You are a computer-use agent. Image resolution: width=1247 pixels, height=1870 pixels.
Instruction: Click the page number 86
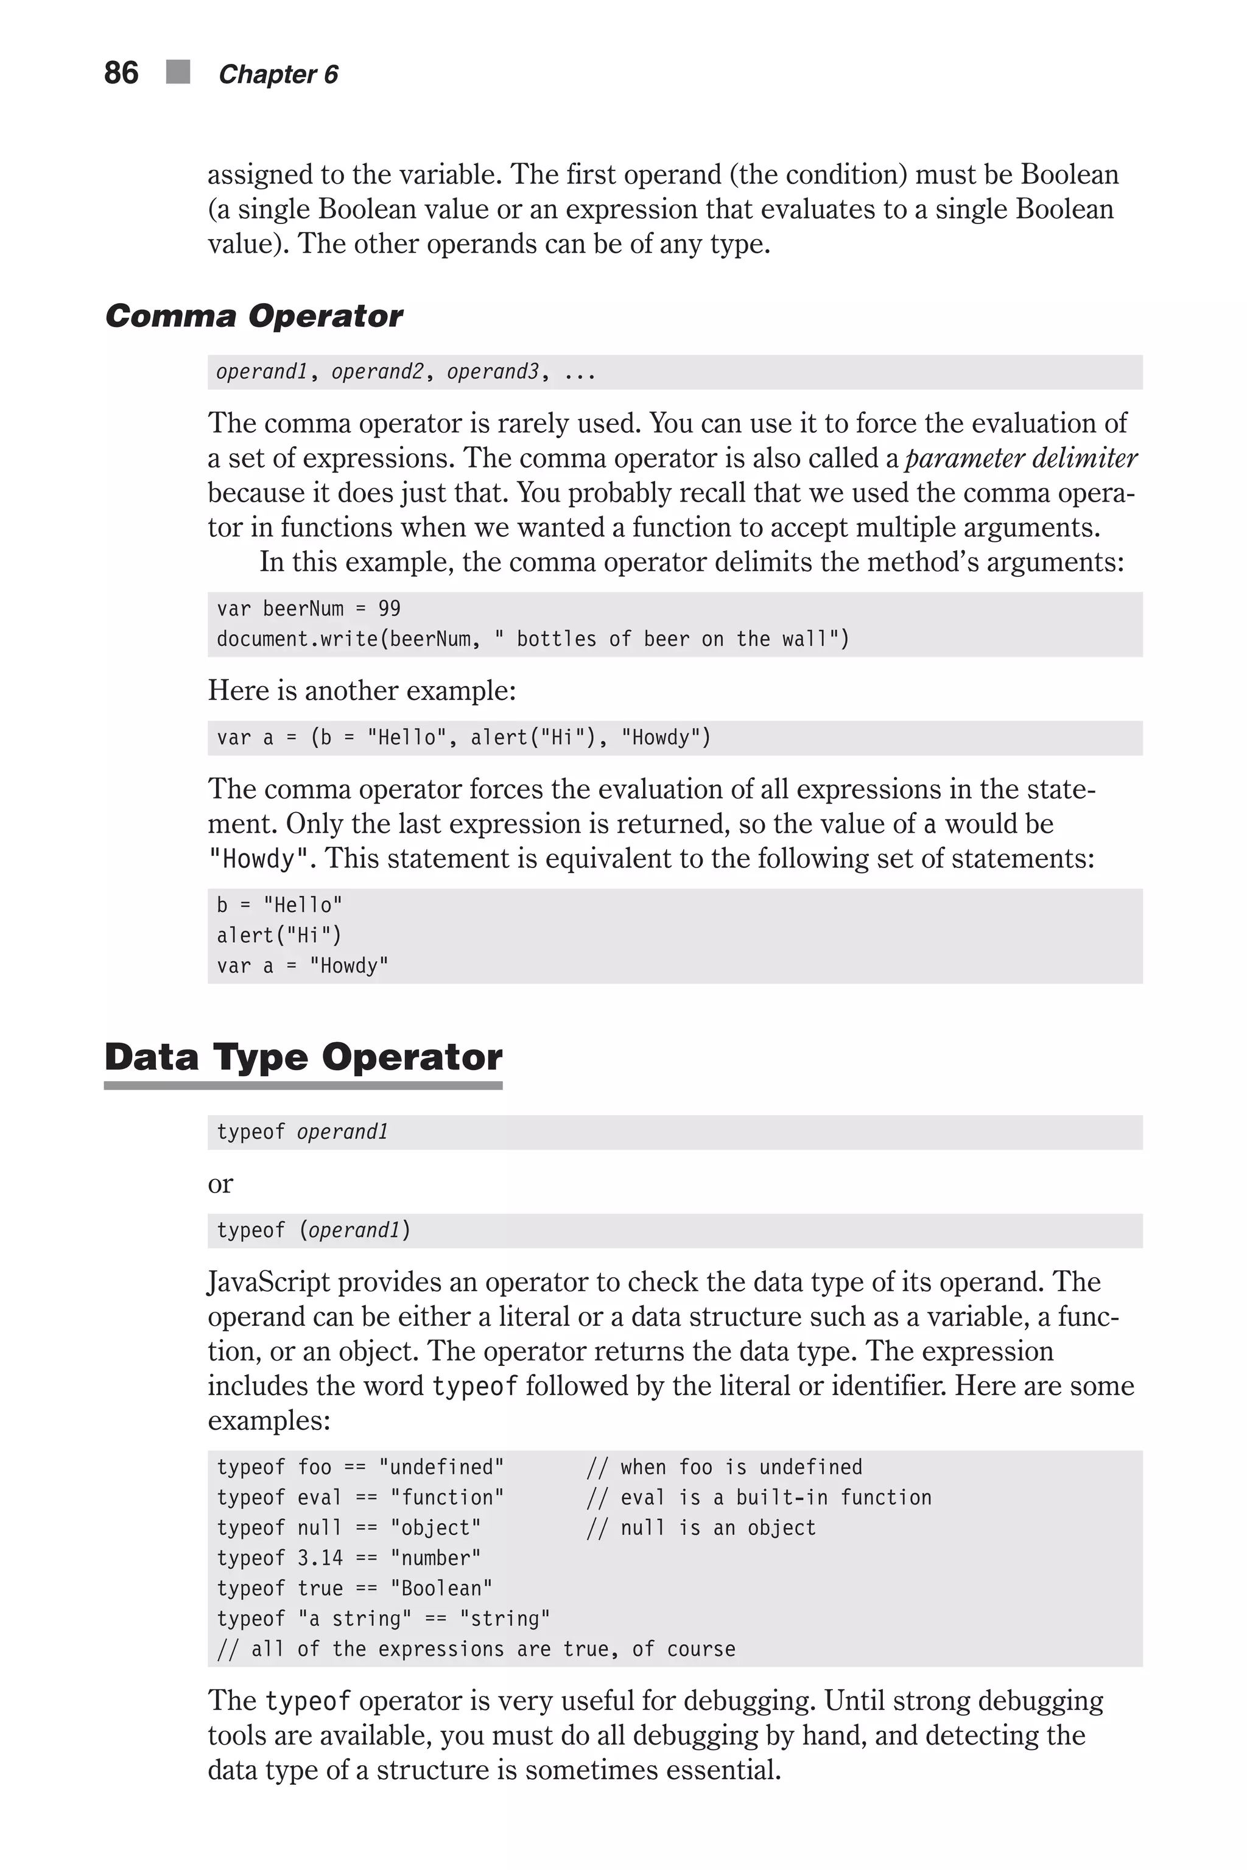[121, 72]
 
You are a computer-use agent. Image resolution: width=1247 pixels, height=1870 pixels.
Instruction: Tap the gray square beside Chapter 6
[178, 72]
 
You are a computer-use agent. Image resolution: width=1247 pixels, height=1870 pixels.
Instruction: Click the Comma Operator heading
[254, 316]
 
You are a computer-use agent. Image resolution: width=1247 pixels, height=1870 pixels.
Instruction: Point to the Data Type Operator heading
[303, 1057]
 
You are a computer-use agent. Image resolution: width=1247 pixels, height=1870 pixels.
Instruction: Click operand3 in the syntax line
[492, 371]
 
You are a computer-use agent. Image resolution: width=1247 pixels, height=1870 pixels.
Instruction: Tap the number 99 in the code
[389, 608]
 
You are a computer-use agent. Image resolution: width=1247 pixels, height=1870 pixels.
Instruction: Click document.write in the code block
[297, 639]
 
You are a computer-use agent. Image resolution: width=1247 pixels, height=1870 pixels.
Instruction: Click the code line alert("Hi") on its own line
[278, 935]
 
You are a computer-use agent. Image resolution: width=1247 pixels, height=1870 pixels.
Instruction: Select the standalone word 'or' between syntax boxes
[220, 1183]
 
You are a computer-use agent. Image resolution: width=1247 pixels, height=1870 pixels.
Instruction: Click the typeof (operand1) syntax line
[314, 1230]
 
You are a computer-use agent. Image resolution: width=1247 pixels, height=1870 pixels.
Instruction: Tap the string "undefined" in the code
[441, 1467]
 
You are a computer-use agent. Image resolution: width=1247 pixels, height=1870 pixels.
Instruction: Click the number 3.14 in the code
[320, 1558]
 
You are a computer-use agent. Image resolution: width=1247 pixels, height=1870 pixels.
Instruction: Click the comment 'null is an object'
[717, 1527]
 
